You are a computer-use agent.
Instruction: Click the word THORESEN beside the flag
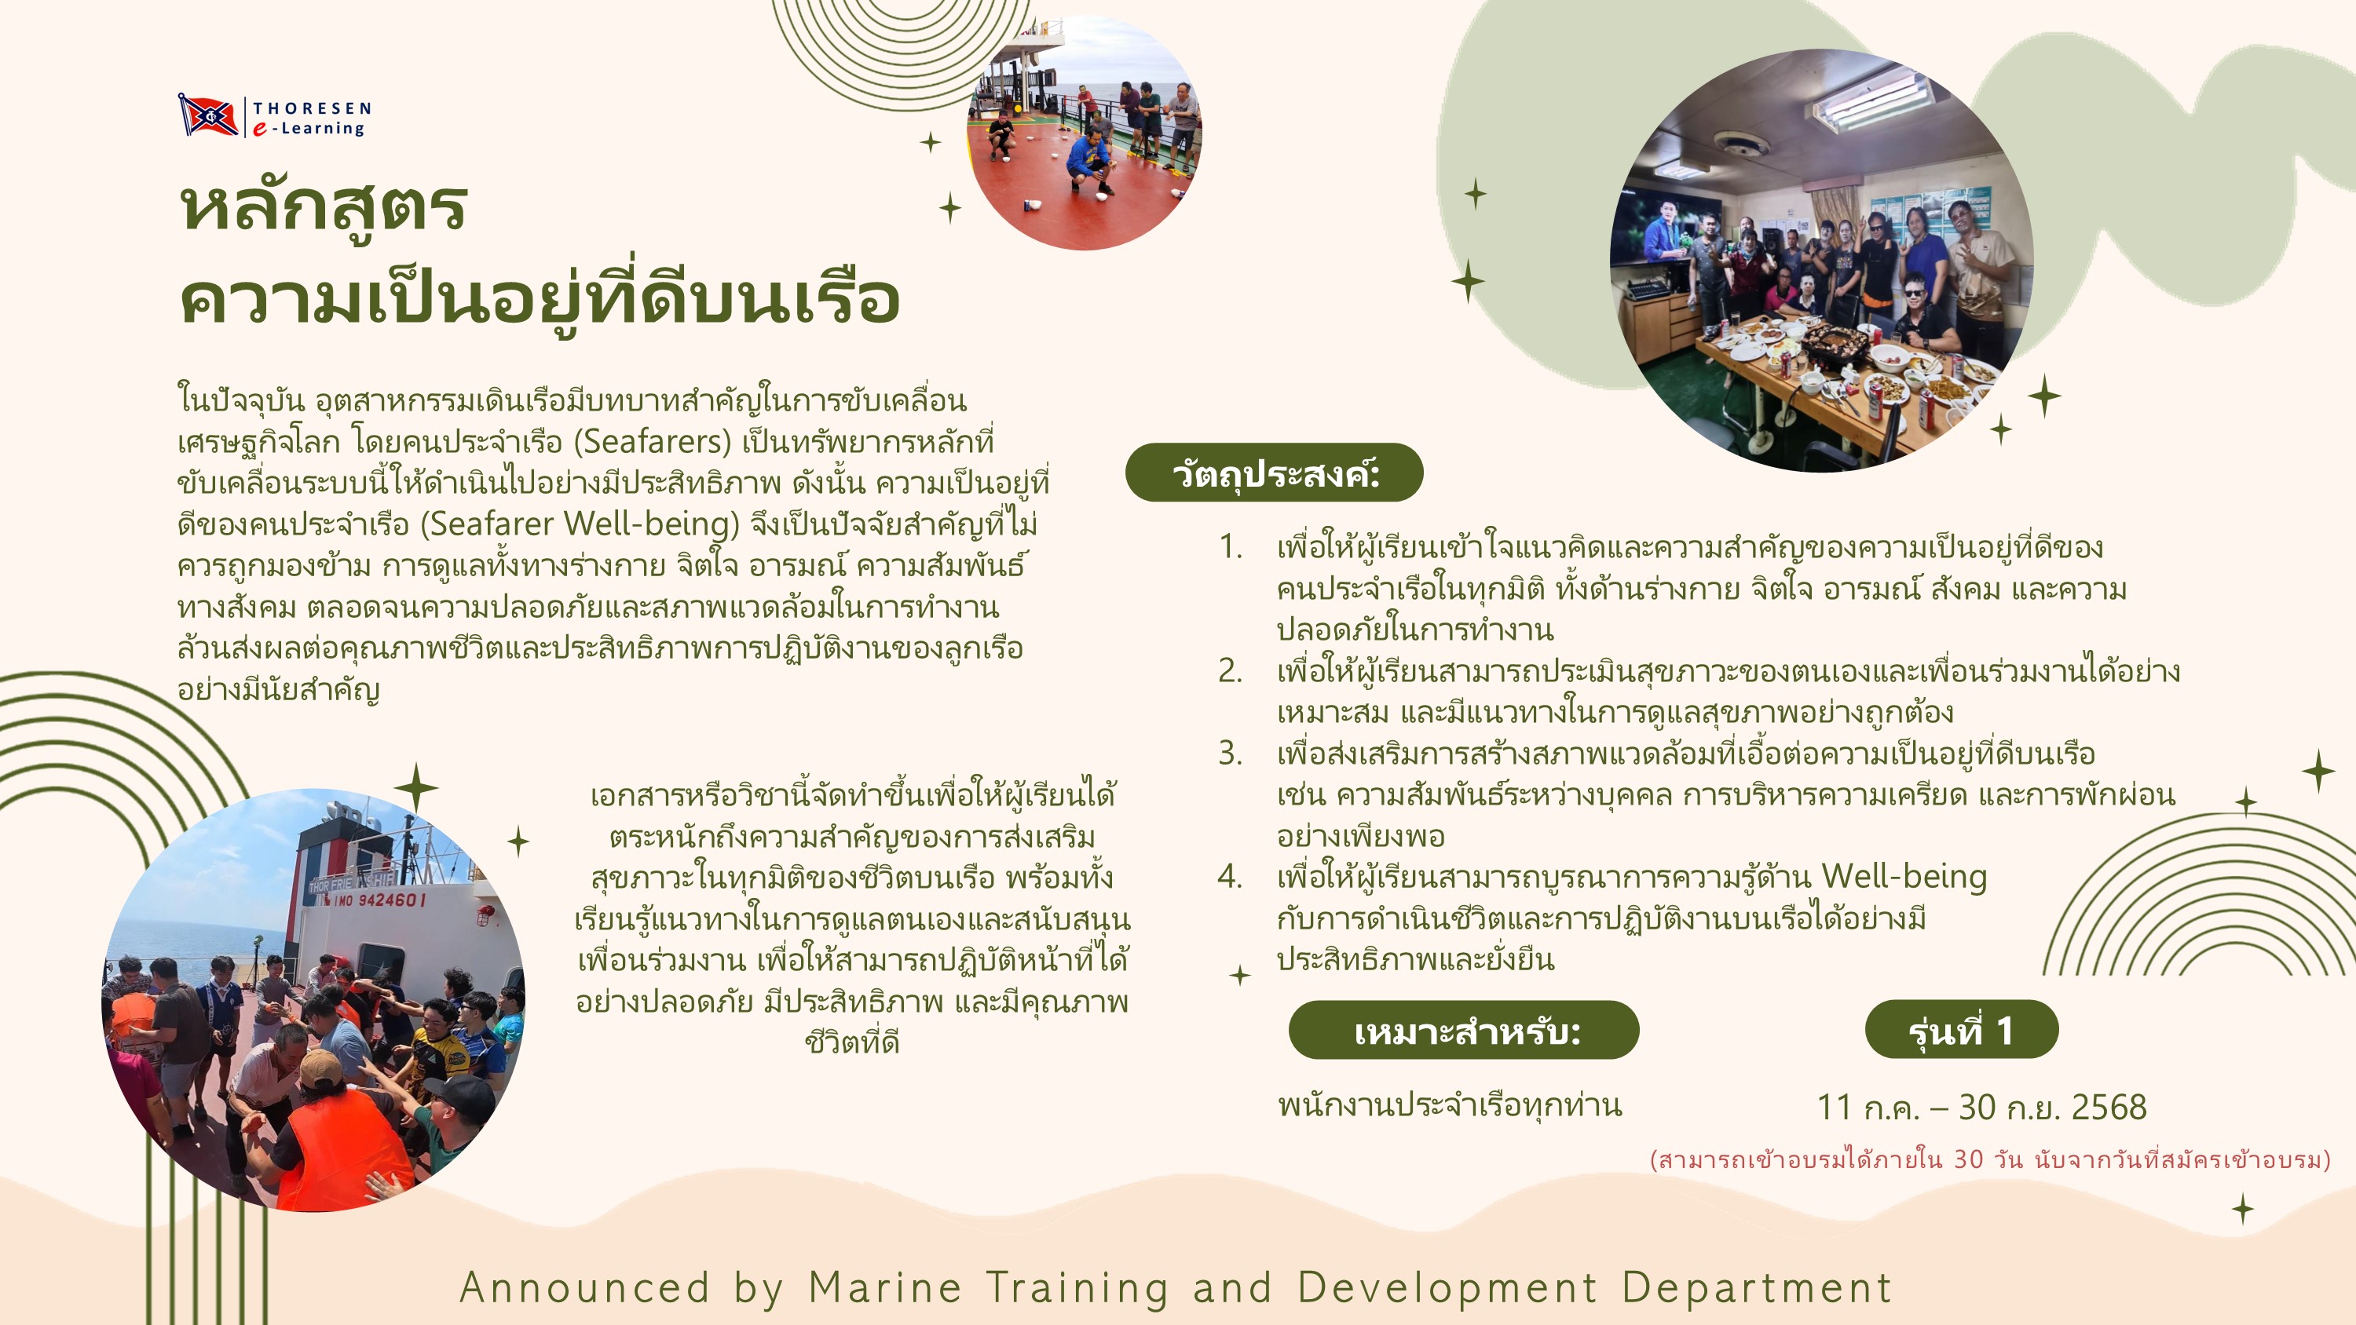[312, 108]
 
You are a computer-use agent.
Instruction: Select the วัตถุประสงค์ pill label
[1274, 473]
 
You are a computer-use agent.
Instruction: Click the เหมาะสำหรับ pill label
[1463, 1031]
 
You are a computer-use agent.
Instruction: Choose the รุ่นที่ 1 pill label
[1961, 1030]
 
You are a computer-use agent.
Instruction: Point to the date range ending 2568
[1981, 1108]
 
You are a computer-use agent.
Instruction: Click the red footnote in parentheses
[1990, 1159]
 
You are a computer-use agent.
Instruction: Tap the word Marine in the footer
[884, 1287]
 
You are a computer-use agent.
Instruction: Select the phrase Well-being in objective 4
[1904, 876]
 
